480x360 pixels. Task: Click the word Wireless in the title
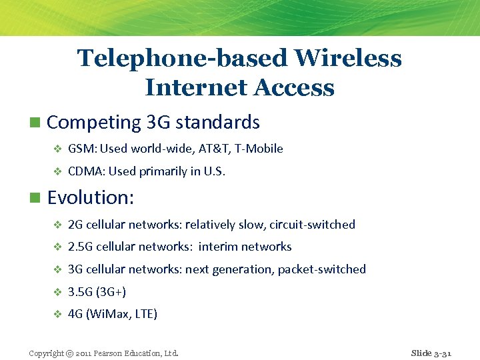[x=348, y=59]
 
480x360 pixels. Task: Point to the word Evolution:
[x=91, y=197]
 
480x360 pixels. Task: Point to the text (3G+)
[x=111, y=292]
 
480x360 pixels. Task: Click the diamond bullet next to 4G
[x=57, y=314]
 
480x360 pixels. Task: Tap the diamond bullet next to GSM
[x=57, y=149]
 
